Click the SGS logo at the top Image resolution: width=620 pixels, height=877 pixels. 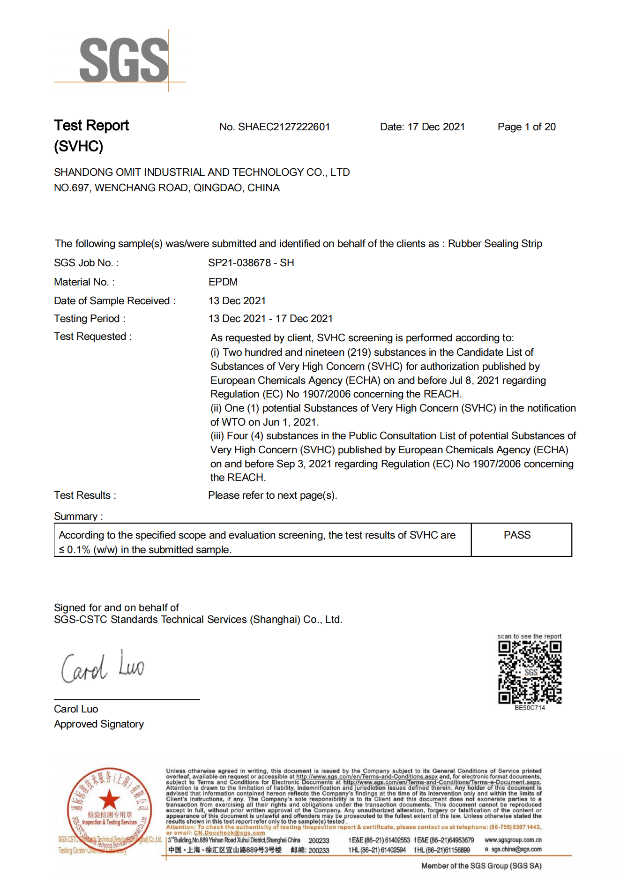[x=123, y=60]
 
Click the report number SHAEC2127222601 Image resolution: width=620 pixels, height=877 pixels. [x=284, y=127]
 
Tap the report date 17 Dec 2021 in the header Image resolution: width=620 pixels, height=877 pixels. [x=436, y=127]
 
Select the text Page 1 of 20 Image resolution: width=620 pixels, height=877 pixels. [x=526, y=127]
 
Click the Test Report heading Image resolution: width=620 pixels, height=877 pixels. [x=91, y=126]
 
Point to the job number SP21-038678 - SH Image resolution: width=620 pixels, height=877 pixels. [x=251, y=263]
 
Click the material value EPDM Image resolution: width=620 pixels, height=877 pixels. [x=223, y=282]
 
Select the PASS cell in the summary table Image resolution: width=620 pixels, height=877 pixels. [x=517, y=535]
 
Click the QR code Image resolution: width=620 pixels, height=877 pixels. [x=530, y=672]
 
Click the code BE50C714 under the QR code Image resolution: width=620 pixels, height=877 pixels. [x=530, y=708]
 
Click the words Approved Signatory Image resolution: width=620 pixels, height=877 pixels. [x=99, y=724]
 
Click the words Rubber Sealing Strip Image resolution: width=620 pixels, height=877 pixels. [x=495, y=244]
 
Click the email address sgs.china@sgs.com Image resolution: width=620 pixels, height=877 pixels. [x=516, y=849]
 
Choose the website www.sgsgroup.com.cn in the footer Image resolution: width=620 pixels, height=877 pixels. [x=513, y=840]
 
